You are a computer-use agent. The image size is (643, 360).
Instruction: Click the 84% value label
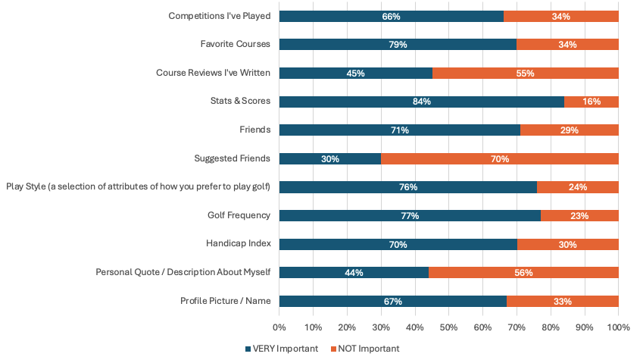(422, 102)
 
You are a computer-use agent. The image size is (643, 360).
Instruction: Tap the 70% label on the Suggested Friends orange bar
(499, 159)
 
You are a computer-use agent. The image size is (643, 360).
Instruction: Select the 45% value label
(355, 74)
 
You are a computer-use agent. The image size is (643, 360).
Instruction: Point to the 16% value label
(591, 102)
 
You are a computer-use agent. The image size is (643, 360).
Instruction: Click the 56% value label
(523, 273)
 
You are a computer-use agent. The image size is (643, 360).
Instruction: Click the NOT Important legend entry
(364, 349)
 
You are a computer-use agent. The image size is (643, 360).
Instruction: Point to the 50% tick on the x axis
(448, 327)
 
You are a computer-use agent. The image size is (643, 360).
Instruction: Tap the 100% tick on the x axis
(618, 327)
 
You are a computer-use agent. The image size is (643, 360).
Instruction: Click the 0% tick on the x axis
(279, 327)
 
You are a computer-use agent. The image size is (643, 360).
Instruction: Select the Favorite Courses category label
(235, 45)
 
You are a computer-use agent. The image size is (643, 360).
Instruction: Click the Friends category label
(254, 130)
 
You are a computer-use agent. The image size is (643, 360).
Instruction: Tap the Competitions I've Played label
(220, 16)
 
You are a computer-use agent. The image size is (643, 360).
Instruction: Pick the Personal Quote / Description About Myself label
(183, 273)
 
